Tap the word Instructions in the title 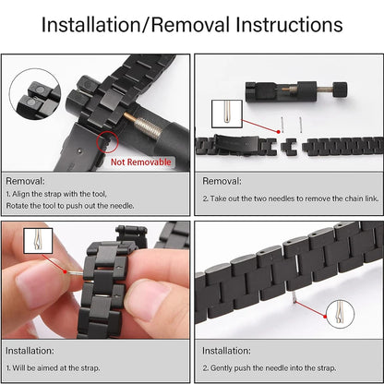click(x=289, y=25)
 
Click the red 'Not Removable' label click(x=141, y=162)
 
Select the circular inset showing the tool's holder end click(x=35, y=94)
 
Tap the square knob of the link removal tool click(x=340, y=90)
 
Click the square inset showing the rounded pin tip click(x=227, y=114)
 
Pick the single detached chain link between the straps click(x=289, y=147)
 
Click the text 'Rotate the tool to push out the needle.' click(x=70, y=206)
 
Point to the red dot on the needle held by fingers click(x=65, y=271)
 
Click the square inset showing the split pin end click(x=38, y=241)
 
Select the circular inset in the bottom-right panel click(x=340, y=314)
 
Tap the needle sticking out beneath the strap click(x=294, y=296)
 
